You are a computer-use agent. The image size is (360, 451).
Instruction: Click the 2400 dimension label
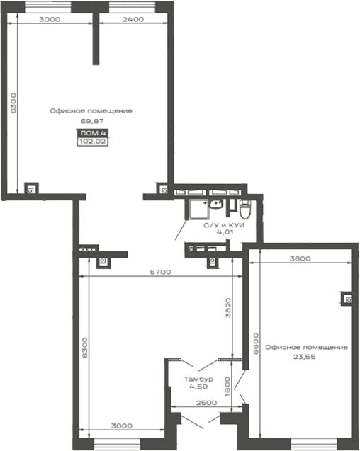click(133, 19)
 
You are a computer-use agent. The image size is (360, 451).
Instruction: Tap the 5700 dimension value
click(160, 272)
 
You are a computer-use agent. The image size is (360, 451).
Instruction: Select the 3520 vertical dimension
click(228, 307)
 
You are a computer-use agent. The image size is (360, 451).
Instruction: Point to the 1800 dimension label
click(227, 387)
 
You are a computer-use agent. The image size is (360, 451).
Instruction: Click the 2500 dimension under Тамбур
click(206, 403)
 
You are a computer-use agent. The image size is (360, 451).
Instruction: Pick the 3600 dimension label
click(300, 258)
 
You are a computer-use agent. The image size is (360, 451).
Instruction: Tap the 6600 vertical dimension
click(256, 343)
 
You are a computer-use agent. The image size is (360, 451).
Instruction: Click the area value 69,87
click(92, 121)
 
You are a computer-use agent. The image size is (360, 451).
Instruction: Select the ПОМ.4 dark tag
click(93, 133)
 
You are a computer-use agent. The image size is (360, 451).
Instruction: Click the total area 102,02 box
click(93, 142)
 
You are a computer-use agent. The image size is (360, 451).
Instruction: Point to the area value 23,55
click(305, 357)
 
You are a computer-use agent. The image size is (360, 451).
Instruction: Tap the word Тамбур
click(198, 379)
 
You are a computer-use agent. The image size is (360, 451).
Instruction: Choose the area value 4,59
click(198, 387)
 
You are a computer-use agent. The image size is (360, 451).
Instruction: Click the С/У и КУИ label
click(224, 225)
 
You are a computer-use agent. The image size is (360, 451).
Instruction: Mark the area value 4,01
click(225, 232)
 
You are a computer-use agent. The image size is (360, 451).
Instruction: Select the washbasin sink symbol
click(216, 204)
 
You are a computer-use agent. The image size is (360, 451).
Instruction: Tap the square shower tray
click(198, 210)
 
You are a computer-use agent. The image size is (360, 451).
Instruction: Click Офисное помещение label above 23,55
click(306, 348)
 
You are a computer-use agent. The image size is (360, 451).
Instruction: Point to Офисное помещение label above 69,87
click(91, 111)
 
